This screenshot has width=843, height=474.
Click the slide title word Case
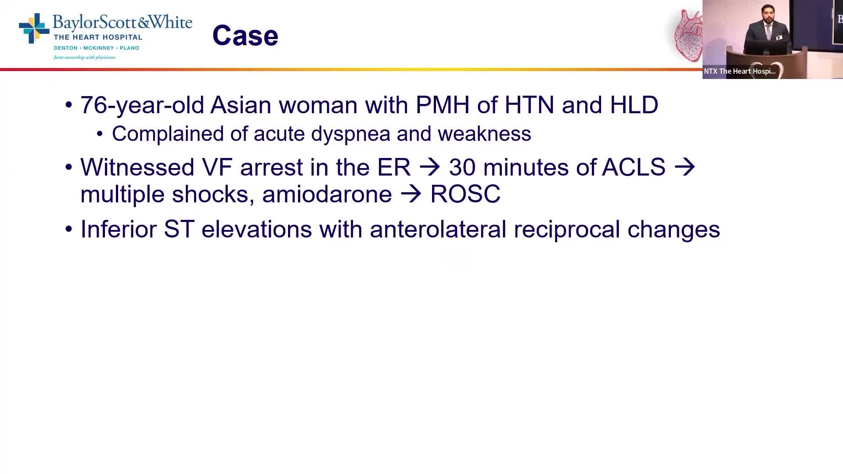coord(245,36)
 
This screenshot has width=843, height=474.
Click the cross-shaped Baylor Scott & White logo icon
coord(34,29)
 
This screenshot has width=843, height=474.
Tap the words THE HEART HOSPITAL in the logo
coord(98,37)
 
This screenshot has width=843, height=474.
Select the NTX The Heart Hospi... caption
coord(740,71)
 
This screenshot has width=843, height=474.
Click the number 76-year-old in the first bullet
coord(142,105)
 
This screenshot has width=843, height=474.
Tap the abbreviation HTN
coord(529,105)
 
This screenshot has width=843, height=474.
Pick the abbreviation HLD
coord(634,105)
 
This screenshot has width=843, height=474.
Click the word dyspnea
coord(321,134)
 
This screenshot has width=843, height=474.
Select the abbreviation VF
coord(217,167)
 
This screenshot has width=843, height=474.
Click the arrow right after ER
coord(430,167)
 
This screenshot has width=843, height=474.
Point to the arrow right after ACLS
coord(685,167)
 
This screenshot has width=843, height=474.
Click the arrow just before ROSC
coord(411,194)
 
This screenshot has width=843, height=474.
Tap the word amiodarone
coord(327,194)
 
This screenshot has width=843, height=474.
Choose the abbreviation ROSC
coord(465,194)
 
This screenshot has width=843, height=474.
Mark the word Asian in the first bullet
coord(241,105)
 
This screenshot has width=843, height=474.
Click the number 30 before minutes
coord(462,167)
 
